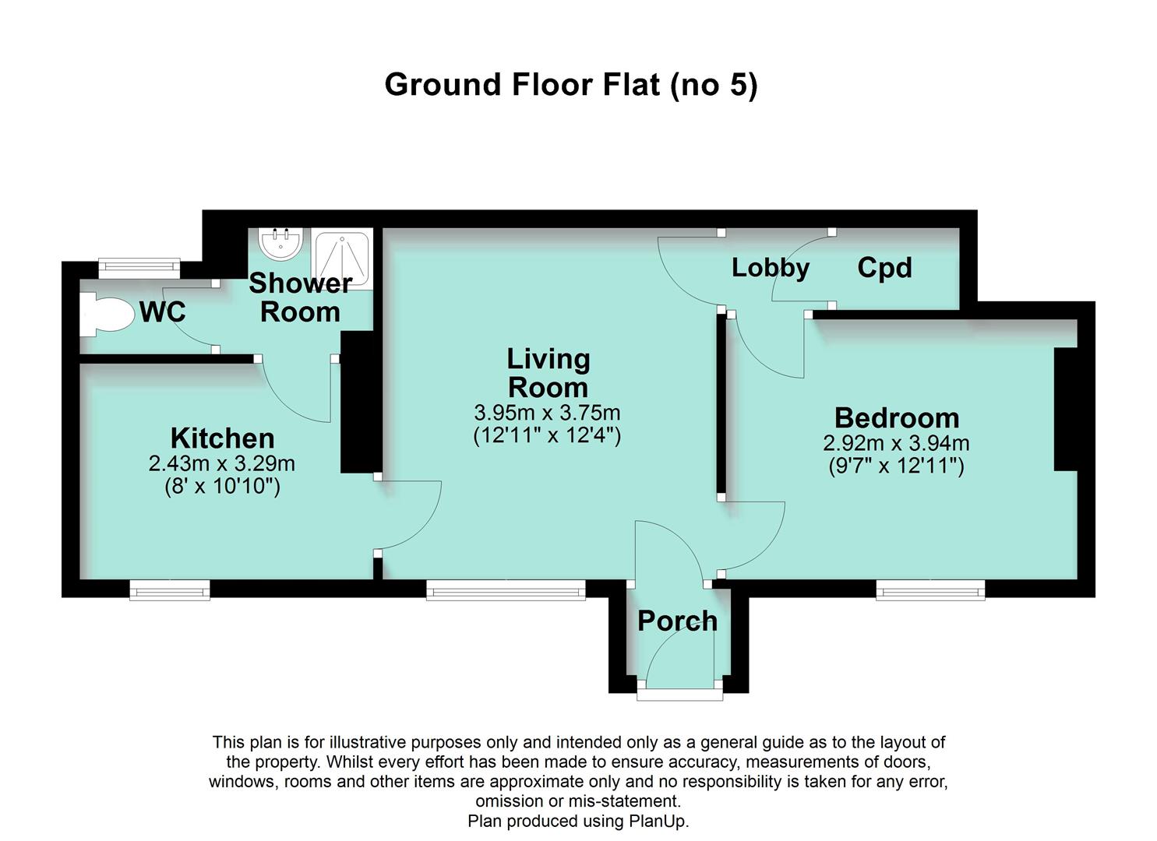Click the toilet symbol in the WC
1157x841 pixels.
coord(106,314)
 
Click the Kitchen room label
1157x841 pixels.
coord(222,438)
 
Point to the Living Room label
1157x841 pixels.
coord(548,373)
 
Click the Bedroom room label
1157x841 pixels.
coord(896,418)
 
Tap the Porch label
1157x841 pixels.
coord(677,621)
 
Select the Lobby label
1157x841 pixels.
coord(770,268)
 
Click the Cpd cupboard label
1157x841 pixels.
coord(884,268)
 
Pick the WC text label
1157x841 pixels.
coord(163,312)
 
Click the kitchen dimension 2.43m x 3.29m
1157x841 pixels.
coord(222,464)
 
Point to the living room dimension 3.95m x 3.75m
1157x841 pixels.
coord(547,412)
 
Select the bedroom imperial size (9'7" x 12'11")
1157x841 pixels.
coord(896,466)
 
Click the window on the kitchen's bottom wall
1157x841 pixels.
coord(170,590)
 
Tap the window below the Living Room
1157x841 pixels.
coord(506,590)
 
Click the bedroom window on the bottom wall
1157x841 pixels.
coord(930,590)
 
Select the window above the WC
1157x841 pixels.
coord(139,269)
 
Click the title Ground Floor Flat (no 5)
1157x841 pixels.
coord(570,84)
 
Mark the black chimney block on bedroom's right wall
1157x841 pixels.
coord(1065,409)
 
